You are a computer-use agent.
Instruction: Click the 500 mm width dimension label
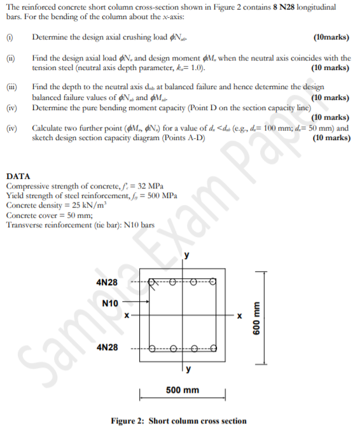point(182,390)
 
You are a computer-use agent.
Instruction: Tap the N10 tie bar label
point(110,304)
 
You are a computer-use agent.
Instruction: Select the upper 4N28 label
point(106,281)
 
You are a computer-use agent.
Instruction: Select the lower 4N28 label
point(106,348)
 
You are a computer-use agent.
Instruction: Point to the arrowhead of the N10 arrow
point(147,304)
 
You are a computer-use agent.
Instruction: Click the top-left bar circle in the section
point(154,281)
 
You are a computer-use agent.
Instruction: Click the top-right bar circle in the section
point(213,281)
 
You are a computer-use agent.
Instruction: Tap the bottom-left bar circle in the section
point(154,348)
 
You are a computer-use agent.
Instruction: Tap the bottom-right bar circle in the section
point(213,348)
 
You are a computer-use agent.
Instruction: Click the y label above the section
point(186,256)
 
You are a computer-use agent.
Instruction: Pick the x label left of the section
point(127,314)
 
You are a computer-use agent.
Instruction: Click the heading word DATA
point(17,176)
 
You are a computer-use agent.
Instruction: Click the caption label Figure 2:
point(129,421)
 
